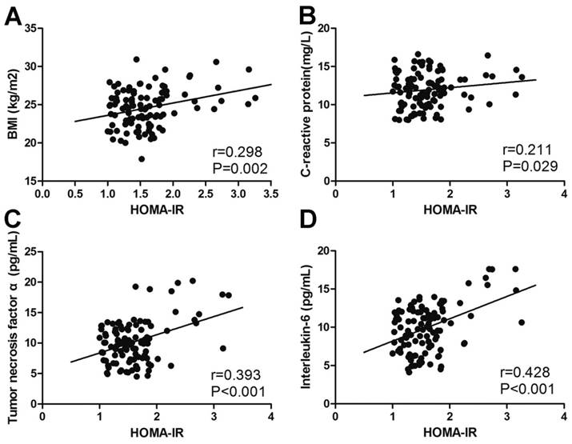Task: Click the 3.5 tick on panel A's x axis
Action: tap(272, 193)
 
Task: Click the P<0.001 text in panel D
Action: tap(528, 390)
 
